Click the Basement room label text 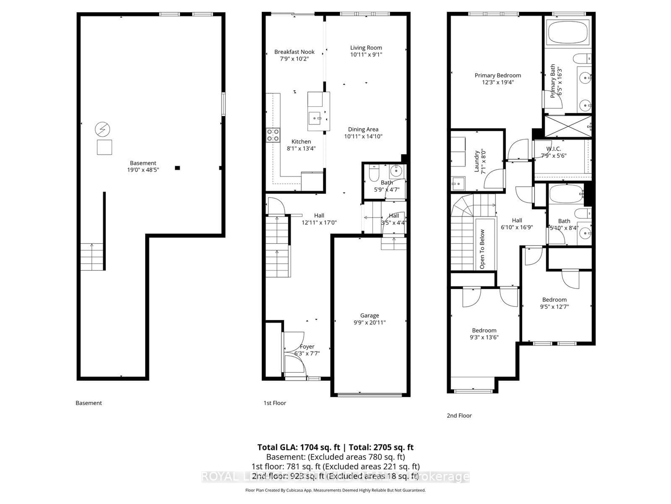click(x=143, y=163)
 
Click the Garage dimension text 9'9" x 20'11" click(x=369, y=323)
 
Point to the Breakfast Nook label click(x=294, y=52)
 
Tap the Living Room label click(x=366, y=48)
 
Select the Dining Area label click(x=363, y=129)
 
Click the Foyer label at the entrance click(x=307, y=347)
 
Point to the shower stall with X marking click(x=568, y=126)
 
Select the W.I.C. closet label click(x=554, y=149)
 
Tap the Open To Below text click(x=482, y=249)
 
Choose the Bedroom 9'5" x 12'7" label click(x=554, y=300)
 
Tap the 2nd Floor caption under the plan click(x=459, y=416)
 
